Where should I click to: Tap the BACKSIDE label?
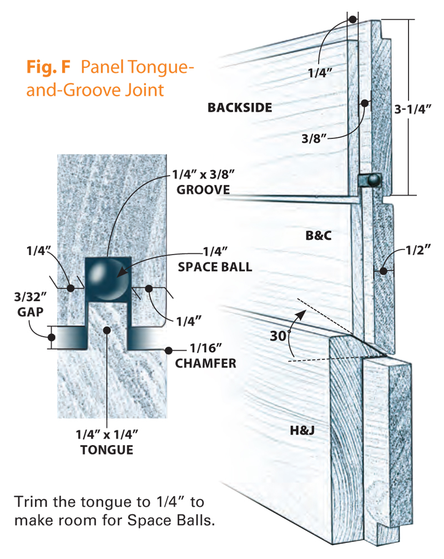click(240, 107)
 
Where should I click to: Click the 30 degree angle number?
click(279, 336)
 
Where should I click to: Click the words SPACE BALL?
click(215, 267)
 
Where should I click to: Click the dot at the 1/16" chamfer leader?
click(167, 350)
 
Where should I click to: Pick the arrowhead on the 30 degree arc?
click(302, 314)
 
